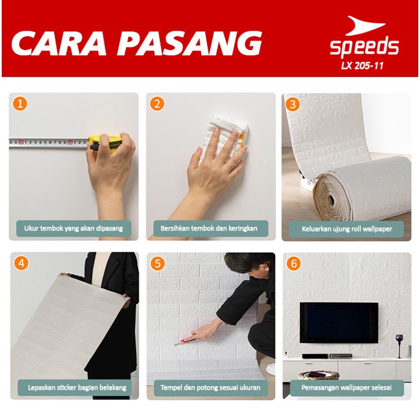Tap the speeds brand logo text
click(364, 46)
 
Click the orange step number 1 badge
click(21, 104)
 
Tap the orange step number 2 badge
click(157, 104)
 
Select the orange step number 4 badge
click(21, 263)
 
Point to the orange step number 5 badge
click(157, 263)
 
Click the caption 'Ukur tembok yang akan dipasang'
click(74, 228)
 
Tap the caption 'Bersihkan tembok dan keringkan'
click(209, 228)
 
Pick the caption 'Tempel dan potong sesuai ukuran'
click(210, 388)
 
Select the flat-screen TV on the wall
click(339, 322)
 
